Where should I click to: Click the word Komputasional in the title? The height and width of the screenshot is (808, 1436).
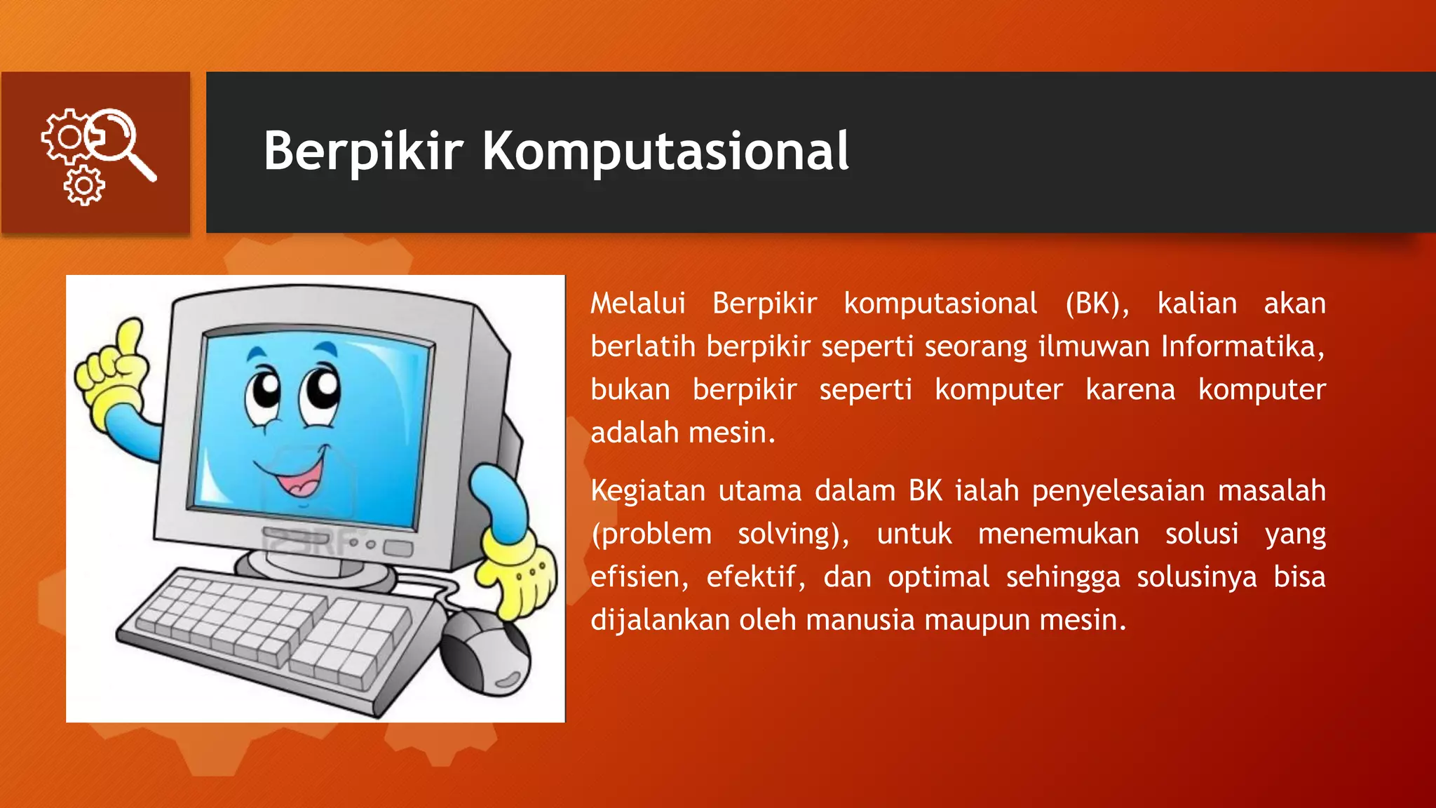pos(665,151)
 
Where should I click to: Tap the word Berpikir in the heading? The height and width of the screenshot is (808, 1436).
pos(363,151)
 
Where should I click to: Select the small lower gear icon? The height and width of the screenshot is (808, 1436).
pos(84,186)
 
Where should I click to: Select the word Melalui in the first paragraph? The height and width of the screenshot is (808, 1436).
pos(637,304)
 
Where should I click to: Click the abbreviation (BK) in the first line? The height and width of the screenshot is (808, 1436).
pos(1097,304)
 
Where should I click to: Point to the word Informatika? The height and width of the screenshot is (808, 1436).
pos(1242,346)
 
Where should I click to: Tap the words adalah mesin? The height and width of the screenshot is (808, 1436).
pos(682,433)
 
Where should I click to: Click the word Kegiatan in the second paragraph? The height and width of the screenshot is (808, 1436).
pos(647,491)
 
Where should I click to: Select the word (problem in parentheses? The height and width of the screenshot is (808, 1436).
pos(651,534)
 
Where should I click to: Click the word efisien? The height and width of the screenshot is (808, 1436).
pos(639,577)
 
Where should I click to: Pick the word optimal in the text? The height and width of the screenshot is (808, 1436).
pos(938,577)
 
